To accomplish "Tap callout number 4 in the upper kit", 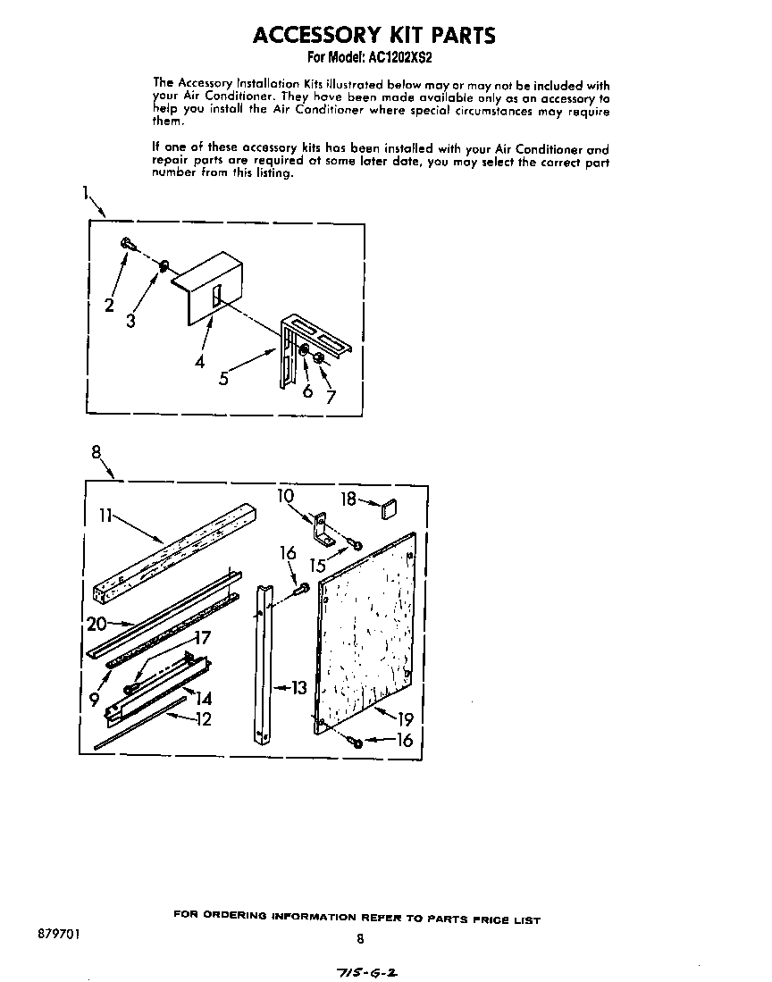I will coord(199,362).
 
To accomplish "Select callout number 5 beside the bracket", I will coord(223,379).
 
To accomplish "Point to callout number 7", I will coord(331,397).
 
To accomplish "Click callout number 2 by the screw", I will coord(109,305).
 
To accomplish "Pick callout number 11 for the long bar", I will coord(105,516).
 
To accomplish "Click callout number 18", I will coord(348,499).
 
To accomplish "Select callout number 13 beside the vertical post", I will coord(298,687).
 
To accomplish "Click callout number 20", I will coord(96,623).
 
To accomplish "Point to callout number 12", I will coord(203,718).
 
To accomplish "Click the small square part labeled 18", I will coord(390,510).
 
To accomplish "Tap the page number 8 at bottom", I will coord(360,938).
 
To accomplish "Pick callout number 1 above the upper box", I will coord(86,193).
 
